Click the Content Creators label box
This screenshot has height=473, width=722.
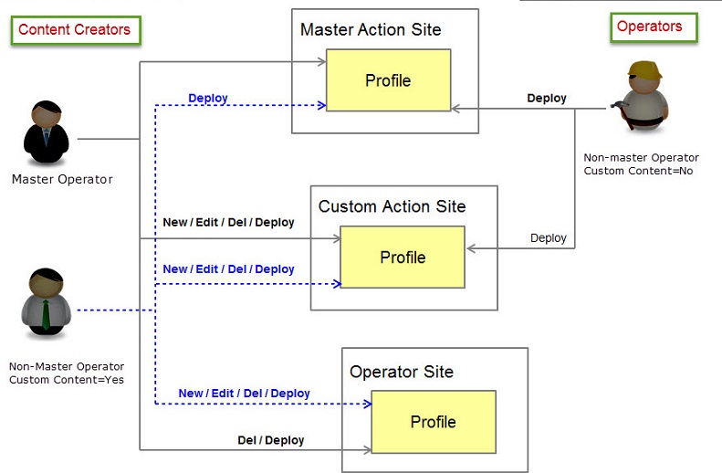click(x=75, y=29)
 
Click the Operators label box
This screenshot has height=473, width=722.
click(x=653, y=26)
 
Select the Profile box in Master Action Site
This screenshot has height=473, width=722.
click(x=388, y=80)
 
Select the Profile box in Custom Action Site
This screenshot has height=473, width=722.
click(x=403, y=257)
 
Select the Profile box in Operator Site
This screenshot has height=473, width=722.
click(x=433, y=422)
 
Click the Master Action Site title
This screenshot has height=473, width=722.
click(x=371, y=30)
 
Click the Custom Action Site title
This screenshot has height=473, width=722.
click(x=392, y=206)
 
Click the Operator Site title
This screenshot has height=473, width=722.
click(x=402, y=372)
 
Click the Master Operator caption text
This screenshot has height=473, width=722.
click(x=62, y=179)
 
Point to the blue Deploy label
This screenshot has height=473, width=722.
click(x=208, y=98)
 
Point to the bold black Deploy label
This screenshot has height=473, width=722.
click(x=547, y=98)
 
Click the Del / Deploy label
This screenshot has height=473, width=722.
click(x=271, y=440)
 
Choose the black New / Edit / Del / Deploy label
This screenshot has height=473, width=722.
click(x=228, y=222)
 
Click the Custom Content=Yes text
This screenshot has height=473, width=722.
click(x=67, y=379)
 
